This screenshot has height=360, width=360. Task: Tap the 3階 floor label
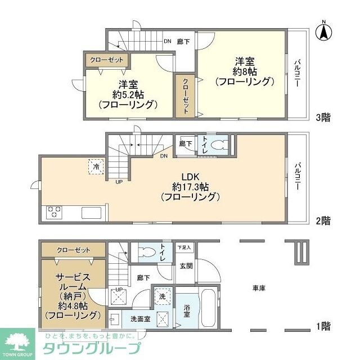pos(323,118)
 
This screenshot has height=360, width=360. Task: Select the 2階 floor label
pos(323,220)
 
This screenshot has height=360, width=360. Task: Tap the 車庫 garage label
pos(259,288)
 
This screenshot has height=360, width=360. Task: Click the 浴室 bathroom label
pos(186,311)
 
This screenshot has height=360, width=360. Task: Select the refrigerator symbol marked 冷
pos(95,166)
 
